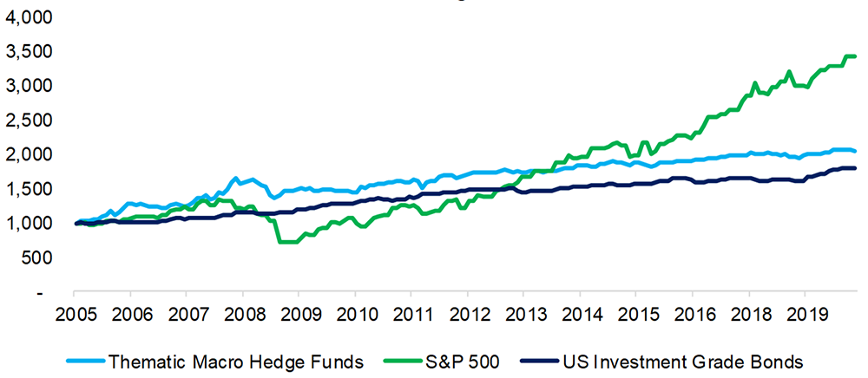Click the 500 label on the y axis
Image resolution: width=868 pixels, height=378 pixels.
[x=36, y=257]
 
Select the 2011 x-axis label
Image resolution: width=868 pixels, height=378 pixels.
[x=412, y=313]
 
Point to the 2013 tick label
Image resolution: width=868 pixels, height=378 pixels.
[x=525, y=313]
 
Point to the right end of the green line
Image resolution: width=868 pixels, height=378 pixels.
[x=856, y=56]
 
